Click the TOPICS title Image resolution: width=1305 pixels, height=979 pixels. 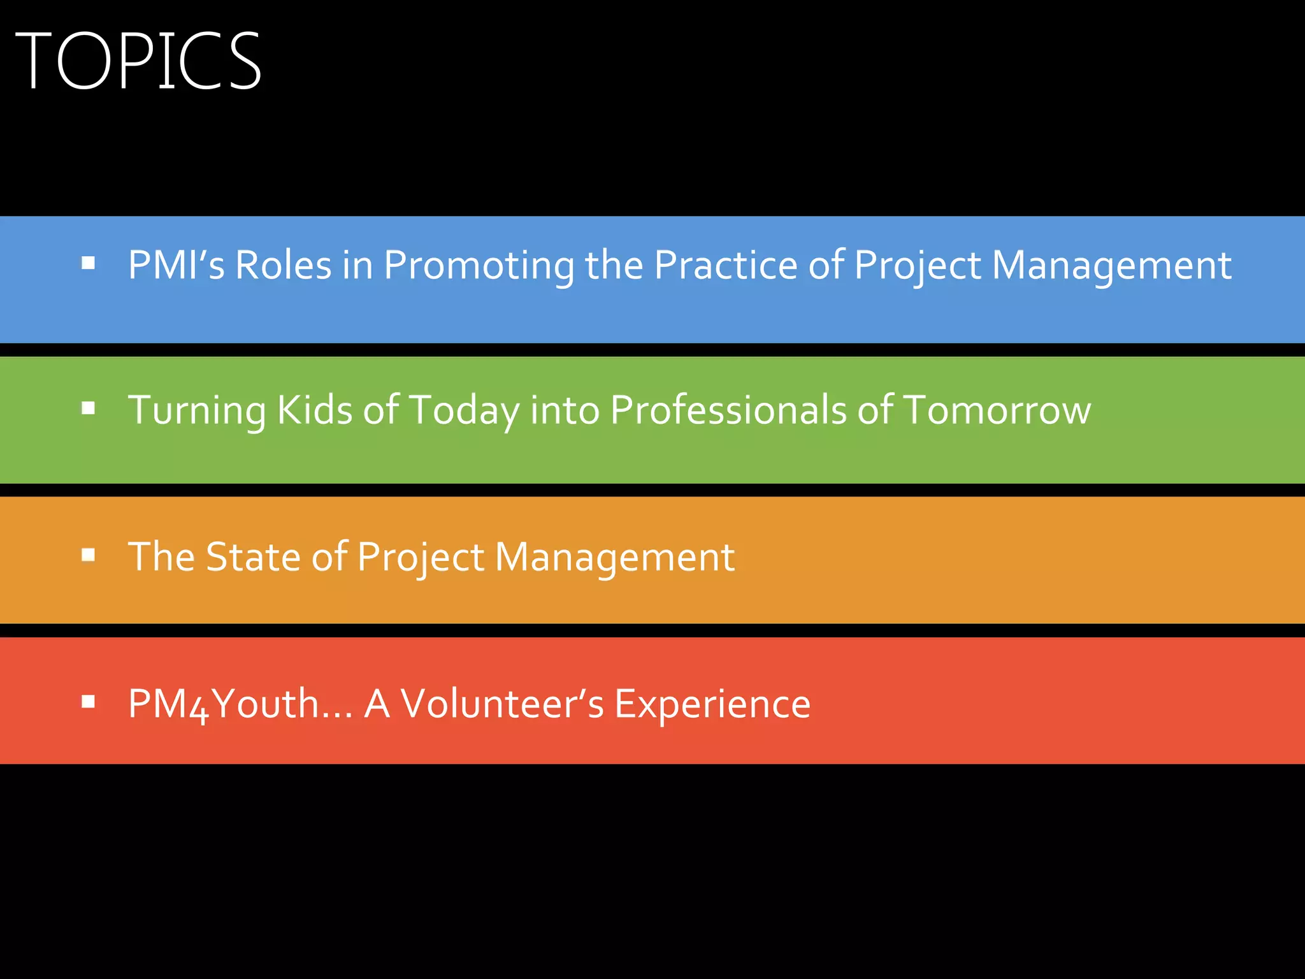tap(138, 61)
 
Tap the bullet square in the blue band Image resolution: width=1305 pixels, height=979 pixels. tap(89, 263)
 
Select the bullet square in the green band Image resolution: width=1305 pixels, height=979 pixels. tap(89, 409)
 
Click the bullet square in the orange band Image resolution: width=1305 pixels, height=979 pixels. tap(89, 555)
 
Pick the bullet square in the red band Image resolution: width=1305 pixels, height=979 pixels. tap(89, 702)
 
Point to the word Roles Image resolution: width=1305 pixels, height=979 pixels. tap(284, 265)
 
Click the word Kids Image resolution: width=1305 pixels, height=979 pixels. tap(314, 409)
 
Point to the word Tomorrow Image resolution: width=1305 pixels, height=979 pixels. tap(997, 409)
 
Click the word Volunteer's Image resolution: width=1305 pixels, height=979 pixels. tap(502, 704)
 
